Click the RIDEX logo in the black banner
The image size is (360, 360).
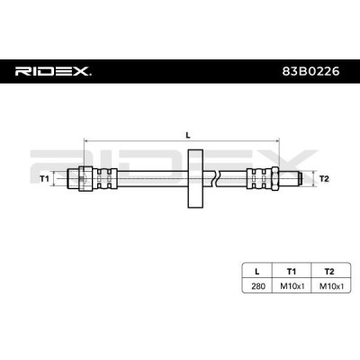tap(53, 71)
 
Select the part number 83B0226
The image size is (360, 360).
tap(310, 71)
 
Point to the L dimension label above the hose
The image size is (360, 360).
tap(188, 135)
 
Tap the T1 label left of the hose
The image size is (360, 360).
tap(44, 179)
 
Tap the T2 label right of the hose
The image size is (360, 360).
tap(324, 179)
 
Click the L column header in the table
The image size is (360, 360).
tap(256, 272)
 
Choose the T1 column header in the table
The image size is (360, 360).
tap(292, 272)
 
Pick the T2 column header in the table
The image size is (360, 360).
tap(329, 272)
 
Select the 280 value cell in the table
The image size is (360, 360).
tap(258, 286)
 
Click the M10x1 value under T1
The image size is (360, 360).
tap(292, 286)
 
